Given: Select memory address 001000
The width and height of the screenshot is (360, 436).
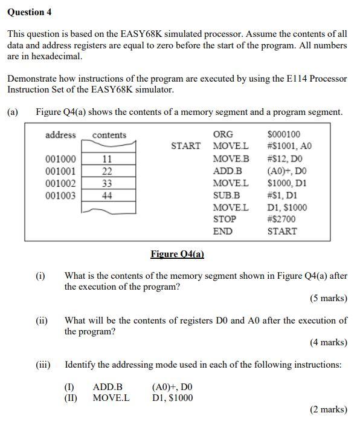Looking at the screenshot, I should pos(61,159).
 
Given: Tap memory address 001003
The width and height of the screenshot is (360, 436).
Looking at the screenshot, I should pos(61,195).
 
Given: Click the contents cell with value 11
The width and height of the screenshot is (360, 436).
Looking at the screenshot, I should pos(106,159).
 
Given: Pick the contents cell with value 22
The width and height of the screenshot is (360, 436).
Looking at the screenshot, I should pos(106,171).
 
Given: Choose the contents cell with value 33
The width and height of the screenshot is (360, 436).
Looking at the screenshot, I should pos(106,183).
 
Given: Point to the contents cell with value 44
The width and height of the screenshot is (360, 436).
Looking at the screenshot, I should pos(106,195).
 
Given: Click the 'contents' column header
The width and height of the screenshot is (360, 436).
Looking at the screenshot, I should pos(109,135).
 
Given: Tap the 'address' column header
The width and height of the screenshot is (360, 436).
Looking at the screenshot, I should pos(60,135).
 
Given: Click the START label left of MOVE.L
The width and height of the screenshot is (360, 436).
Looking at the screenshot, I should pos(185,146).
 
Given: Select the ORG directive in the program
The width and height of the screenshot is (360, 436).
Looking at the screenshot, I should pos(223,134).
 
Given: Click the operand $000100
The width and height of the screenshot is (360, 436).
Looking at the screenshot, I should pos(283,134).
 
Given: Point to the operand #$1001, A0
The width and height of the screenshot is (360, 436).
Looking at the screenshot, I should pos(289,146).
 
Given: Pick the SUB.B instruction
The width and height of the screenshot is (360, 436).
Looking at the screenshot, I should pos(227,195).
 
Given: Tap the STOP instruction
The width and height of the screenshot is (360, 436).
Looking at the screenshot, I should pos(225,219).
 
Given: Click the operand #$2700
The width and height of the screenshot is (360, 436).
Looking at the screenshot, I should pos(281,219).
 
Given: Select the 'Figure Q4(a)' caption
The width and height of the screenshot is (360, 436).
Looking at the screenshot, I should pos(178,255).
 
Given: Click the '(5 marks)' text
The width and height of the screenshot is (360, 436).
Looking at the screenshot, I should pos(329,298).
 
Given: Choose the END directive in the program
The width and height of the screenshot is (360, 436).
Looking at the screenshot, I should pos(222,231).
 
